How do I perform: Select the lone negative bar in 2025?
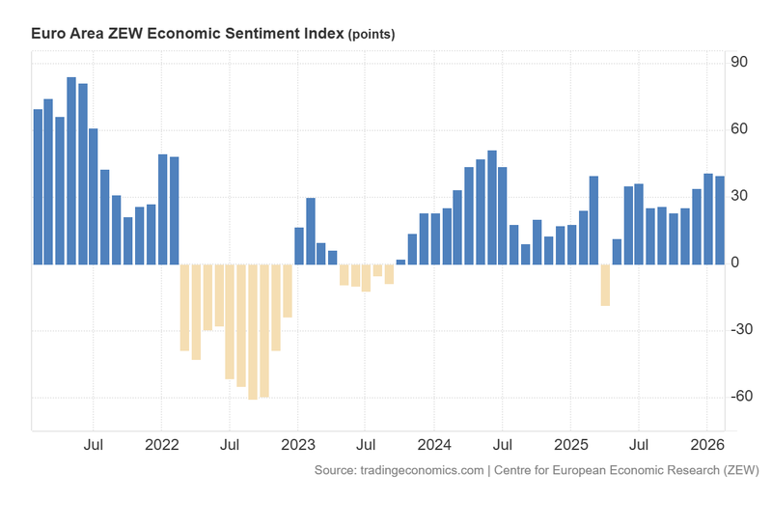pyautogui.click(x=605, y=285)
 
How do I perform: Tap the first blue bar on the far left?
pyautogui.click(x=38, y=186)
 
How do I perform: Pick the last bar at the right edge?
pyautogui.click(x=719, y=220)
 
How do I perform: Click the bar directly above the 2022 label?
pyautogui.click(x=162, y=209)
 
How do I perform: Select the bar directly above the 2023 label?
pyautogui.click(x=299, y=246)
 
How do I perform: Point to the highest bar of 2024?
pyautogui.click(x=492, y=208)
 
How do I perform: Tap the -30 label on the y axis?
pyautogui.click(x=740, y=330)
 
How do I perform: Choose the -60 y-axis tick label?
pyautogui.click(x=740, y=397)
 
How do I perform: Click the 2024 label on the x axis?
pyautogui.click(x=433, y=446)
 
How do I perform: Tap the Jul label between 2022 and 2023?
pyautogui.click(x=230, y=446)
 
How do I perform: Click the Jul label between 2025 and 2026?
pyautogui.click(x=638, y=446)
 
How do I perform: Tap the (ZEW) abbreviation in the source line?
pyautogui.click(x=740, y=470)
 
